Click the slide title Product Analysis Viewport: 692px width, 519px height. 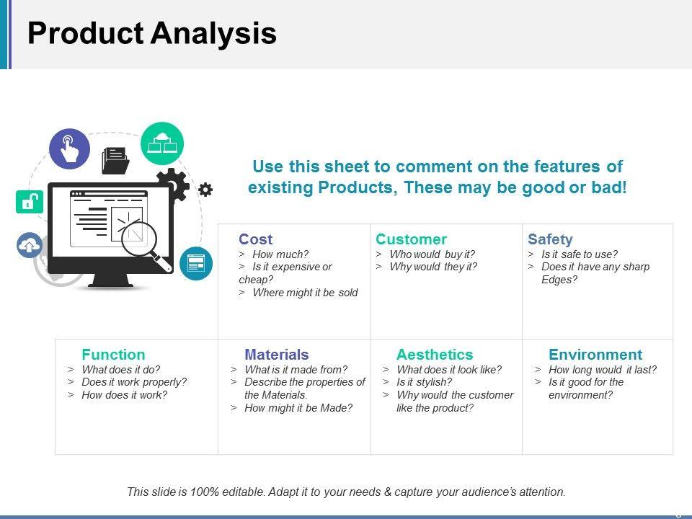pyautogui.click(x=152, y=34)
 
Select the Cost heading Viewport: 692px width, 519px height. pyautogui.click(x=255, y=239)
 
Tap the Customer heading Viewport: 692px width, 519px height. pyautogui.click(x=411, y=239)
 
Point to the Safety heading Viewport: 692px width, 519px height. pyautogui.click(x=550, y=239)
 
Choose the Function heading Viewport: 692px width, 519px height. pyautogui.click(x=113, y=355)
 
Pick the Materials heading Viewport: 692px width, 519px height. pyautogui.click(x=277, y=355)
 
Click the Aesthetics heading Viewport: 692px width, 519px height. pyautogui.click(x=435, y=355)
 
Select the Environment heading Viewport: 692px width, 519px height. pyautogui.click(x=595, y=355)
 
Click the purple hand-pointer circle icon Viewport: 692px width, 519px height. pyautogui.click(x=69, y=148)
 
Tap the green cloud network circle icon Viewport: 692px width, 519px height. pyautogui.click(x=162, y=143)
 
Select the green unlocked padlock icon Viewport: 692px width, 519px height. pyautogui.click(x=30, y=202)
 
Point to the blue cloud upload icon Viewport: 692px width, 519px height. pyautogui.click(x=30, y=245)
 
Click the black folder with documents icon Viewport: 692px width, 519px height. pyautogui.click(x=115, y=160)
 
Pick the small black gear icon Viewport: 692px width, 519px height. pyautogui.click(x=205, y=190)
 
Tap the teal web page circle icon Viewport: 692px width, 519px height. pyautogui.click(x=196, y=264)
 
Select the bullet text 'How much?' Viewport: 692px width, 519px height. pyautogui.click(x=280, y=254)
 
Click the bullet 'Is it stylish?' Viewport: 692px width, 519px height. pyautogui.click(x=424, y=382)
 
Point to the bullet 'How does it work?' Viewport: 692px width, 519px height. pyautogui.click(x=125, y=394)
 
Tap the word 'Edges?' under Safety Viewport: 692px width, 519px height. pyautogui.click(x=559, y=280)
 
